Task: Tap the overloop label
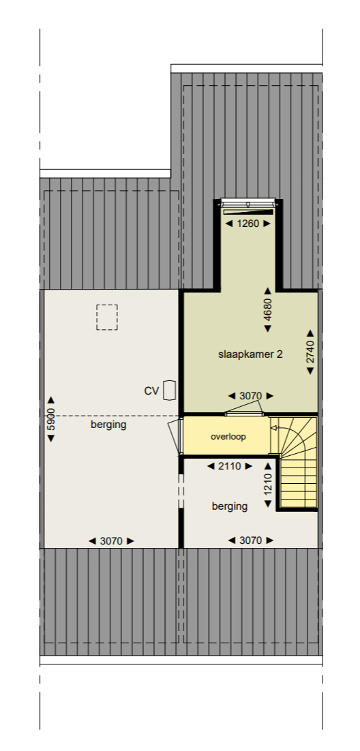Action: click(228, 436)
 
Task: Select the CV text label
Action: click(151, 390)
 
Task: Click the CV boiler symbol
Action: click(170, 390)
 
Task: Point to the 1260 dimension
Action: click(247, 223)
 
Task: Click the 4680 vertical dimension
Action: click(268, 309)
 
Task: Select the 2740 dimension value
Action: click(310, 352)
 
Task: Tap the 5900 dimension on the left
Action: click(50, 418)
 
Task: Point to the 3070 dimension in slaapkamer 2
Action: click(250, 395)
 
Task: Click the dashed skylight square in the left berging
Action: click(107, 317)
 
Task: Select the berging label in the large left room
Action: click(108, 425)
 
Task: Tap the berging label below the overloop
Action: click(229, 506)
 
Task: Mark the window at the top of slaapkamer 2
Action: click(248, 203)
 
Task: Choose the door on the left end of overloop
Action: click(176, 435)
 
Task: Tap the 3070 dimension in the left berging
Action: click(111, 540)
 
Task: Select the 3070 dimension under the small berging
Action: click(250, 540)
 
